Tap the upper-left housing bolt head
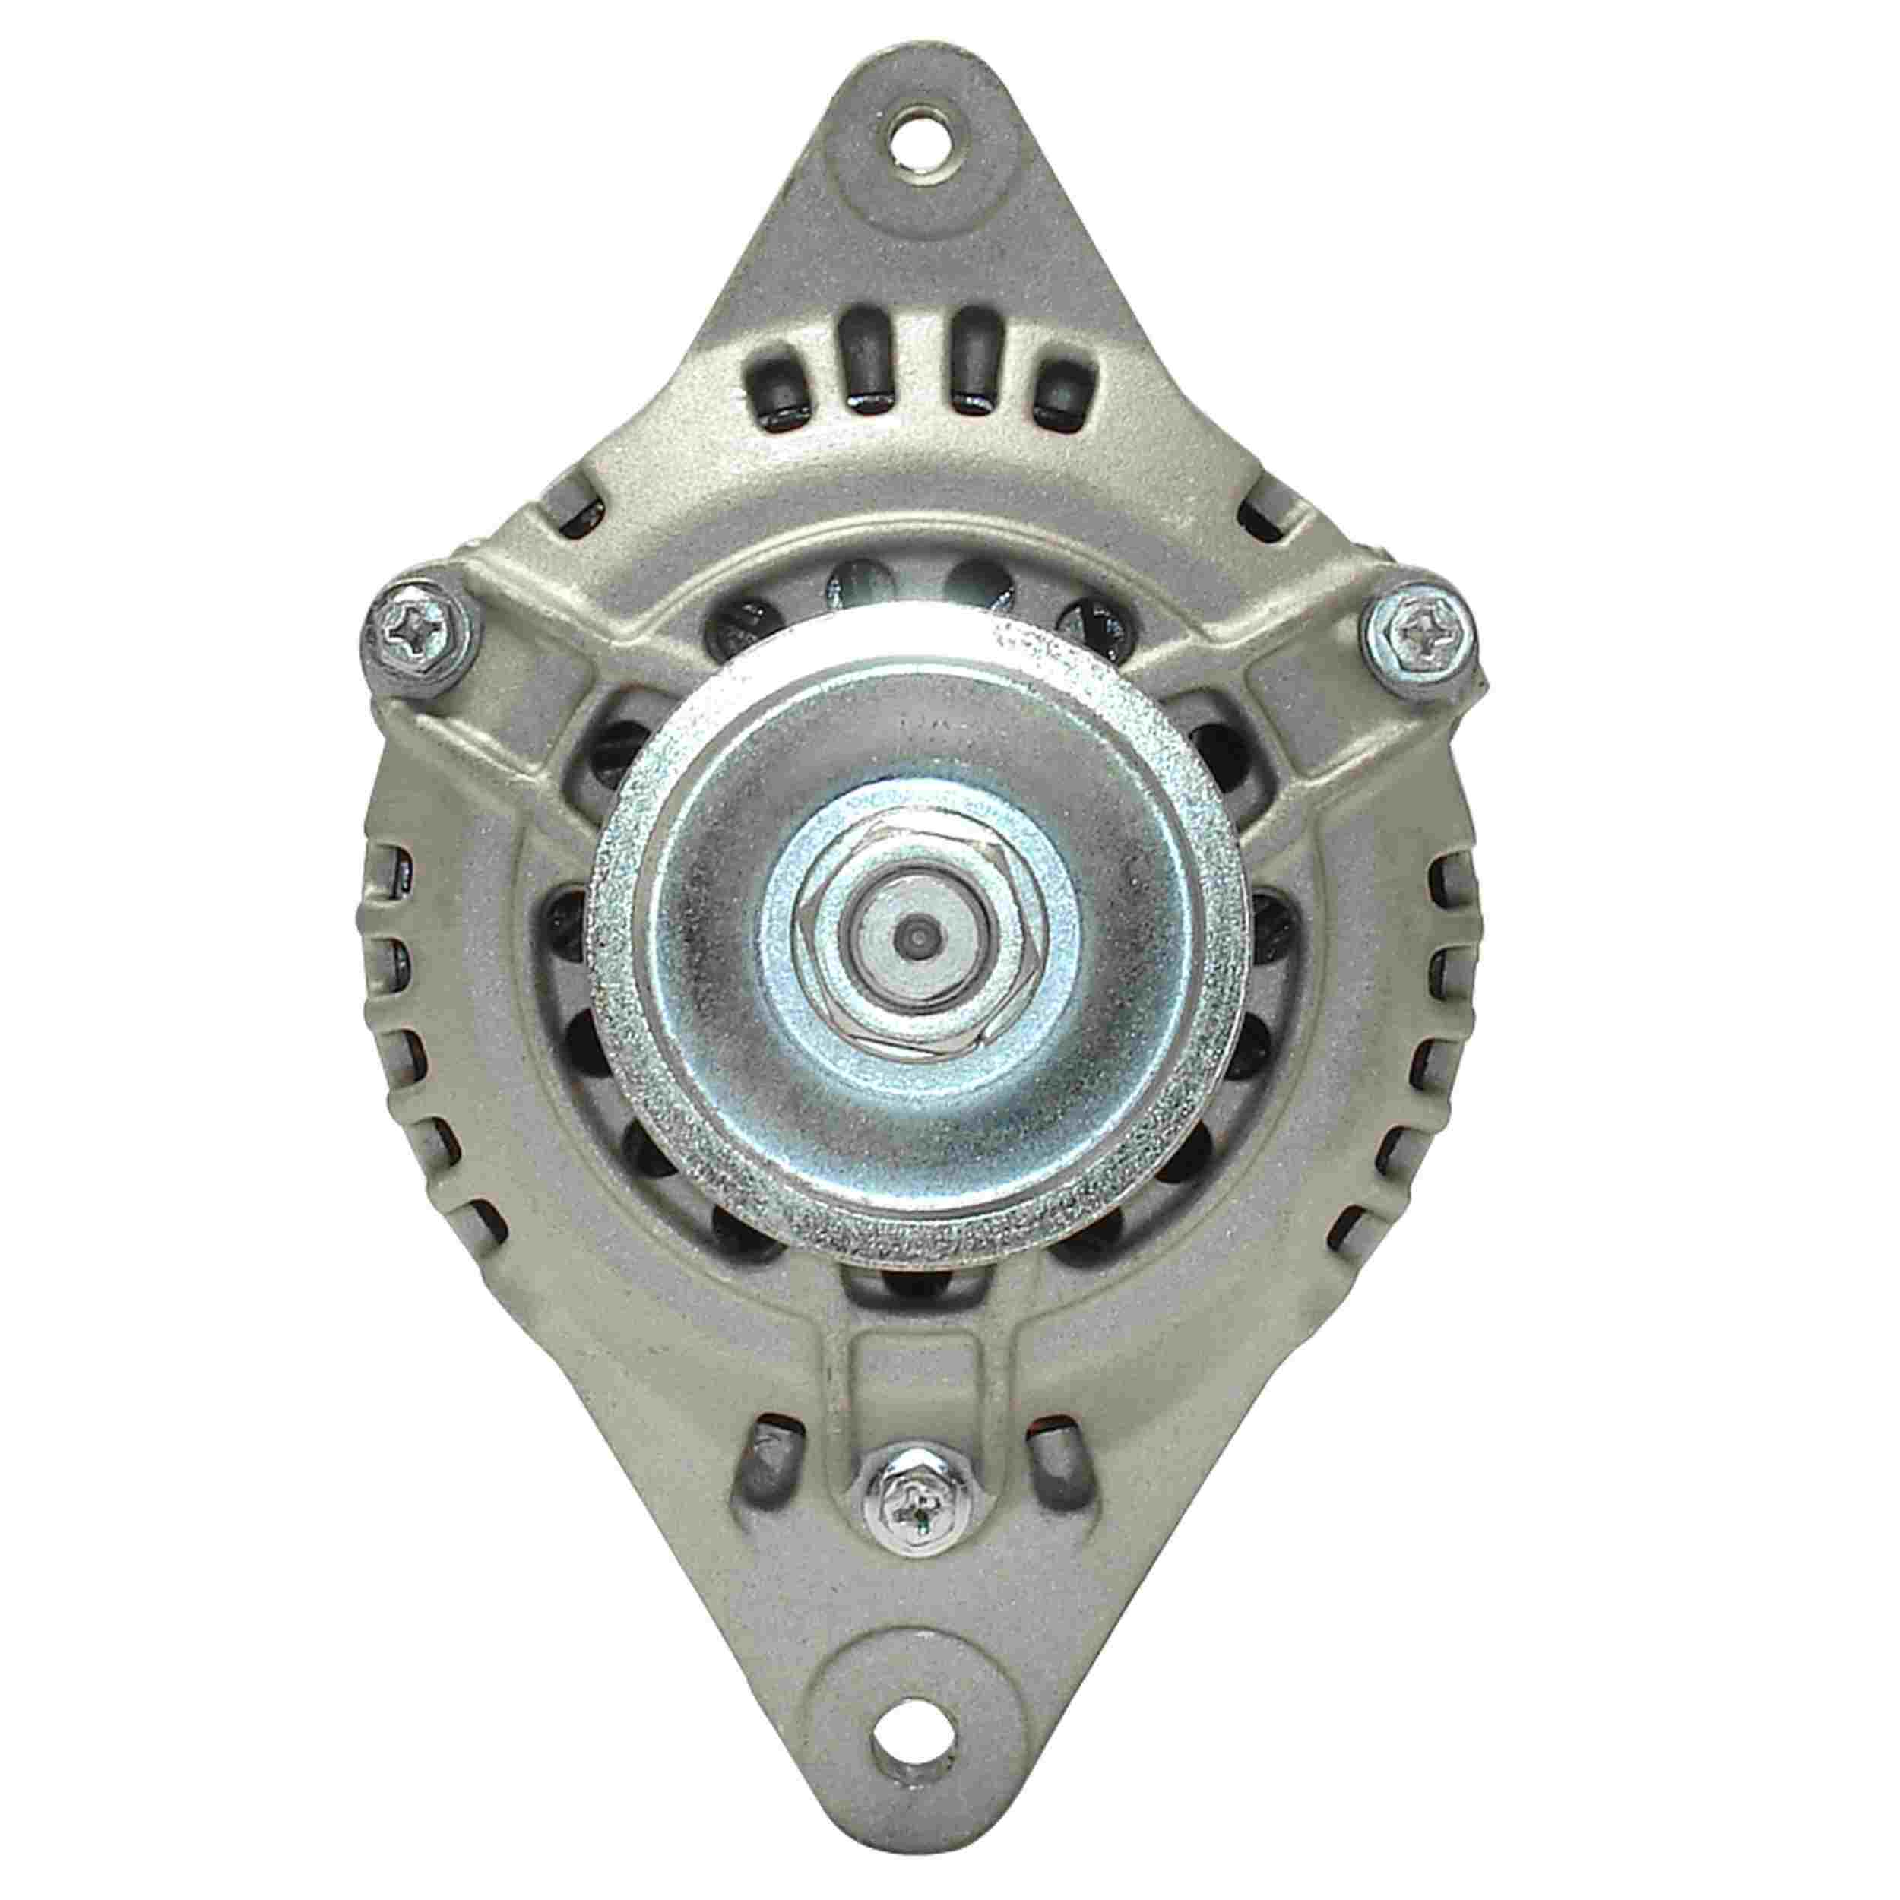(416, 628)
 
